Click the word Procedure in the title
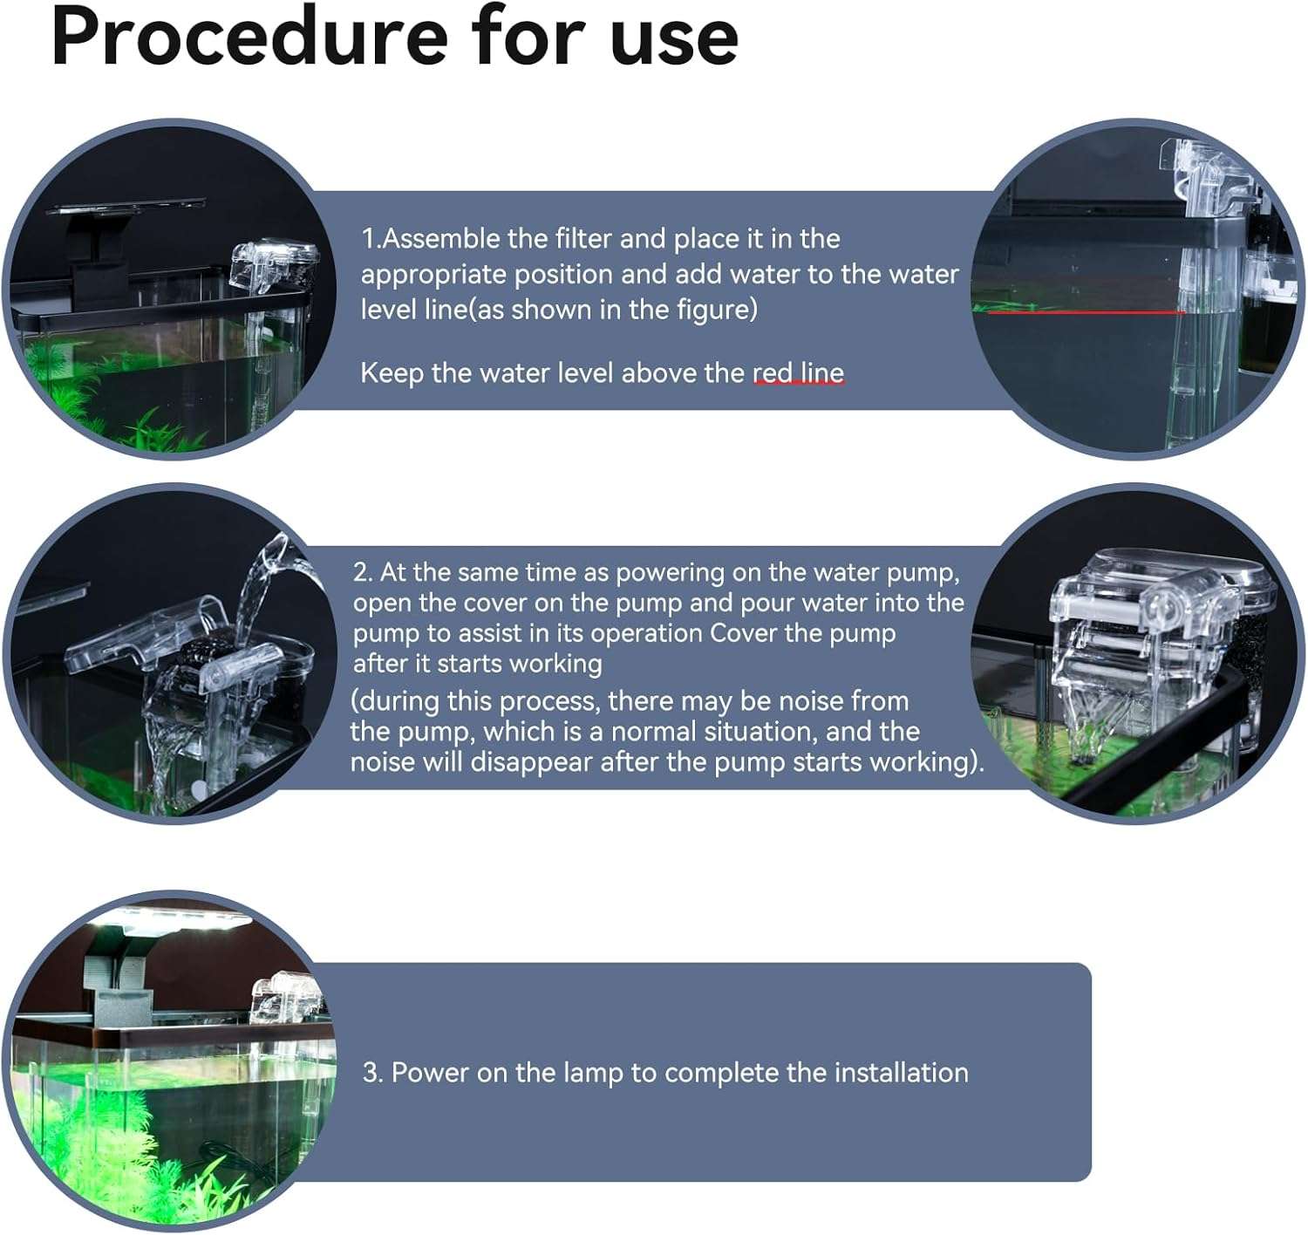pos(250,37)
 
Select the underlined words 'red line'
pos(798,373)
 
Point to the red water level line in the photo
pos(1087,312)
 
